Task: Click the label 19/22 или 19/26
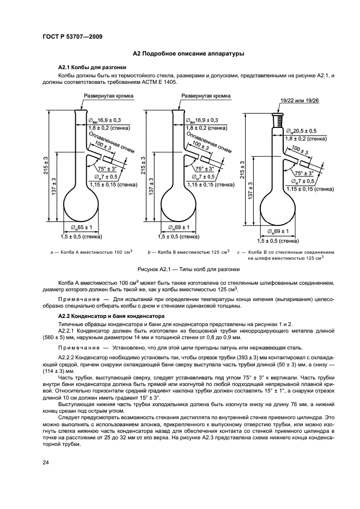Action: tap(300, 101)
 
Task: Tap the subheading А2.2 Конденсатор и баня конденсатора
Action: tap(104, 316)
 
